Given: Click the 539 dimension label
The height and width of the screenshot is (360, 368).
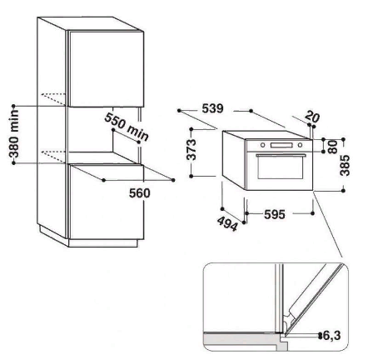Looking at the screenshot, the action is [x=212, y=108].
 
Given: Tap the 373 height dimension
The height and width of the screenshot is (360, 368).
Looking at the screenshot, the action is [x=191, y=150].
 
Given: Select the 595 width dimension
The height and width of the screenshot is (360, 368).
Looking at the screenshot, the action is [x=275, y=214].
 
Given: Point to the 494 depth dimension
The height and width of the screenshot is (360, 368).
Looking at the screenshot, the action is [x=227, y=223].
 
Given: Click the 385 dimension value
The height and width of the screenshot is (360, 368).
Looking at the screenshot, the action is [x=345, y=166].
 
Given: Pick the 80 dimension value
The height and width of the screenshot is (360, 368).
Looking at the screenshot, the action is [x=332, y=147].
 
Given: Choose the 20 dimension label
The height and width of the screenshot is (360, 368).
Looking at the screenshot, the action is [x=313, y=117].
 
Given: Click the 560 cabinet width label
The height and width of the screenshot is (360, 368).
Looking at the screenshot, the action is [x=140, y=193].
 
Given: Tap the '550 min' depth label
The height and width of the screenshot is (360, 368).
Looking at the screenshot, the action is [x=127, y=127].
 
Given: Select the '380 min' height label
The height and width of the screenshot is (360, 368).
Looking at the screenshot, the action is [x=14, y=134].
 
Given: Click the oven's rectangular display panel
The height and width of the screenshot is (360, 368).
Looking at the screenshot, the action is [x=281, y=145].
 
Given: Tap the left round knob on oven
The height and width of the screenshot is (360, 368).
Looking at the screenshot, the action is [x=262, y=145].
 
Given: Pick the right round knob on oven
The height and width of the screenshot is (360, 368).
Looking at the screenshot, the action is [x=300, y=145].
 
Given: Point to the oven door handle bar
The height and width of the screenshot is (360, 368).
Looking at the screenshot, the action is [x=281, y=154].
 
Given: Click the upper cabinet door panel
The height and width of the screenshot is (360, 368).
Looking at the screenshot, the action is [x=107, y=69].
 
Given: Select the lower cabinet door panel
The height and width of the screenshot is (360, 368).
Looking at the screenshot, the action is [x=107, y=202].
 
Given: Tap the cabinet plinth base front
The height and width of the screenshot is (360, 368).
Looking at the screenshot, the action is [x=103, y=243].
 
